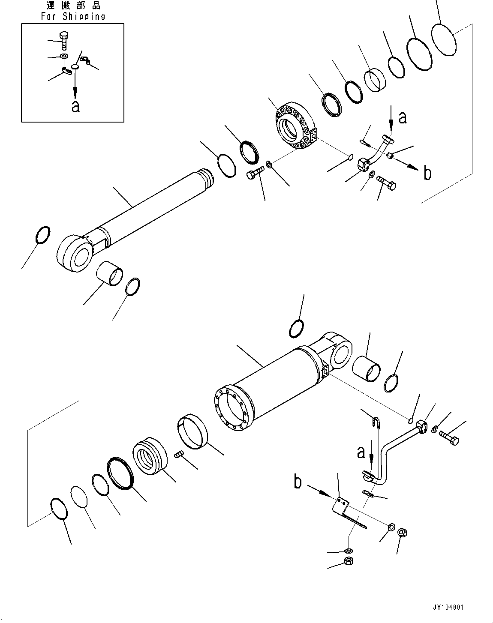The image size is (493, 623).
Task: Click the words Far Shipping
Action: pyautogui.click(x=73, y=17)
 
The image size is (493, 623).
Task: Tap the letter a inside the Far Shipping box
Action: pyautogui.click(x=75, y=106)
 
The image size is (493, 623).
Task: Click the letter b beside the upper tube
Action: pyautogui.click(x=427, y=173)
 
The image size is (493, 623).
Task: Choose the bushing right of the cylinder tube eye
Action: pyautogui.click(x=367, y=368)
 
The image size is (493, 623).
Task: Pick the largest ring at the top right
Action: pyautogui.click(x=444, y=39)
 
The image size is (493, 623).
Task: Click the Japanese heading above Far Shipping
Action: pyautogui.click(x=73, y=6)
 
